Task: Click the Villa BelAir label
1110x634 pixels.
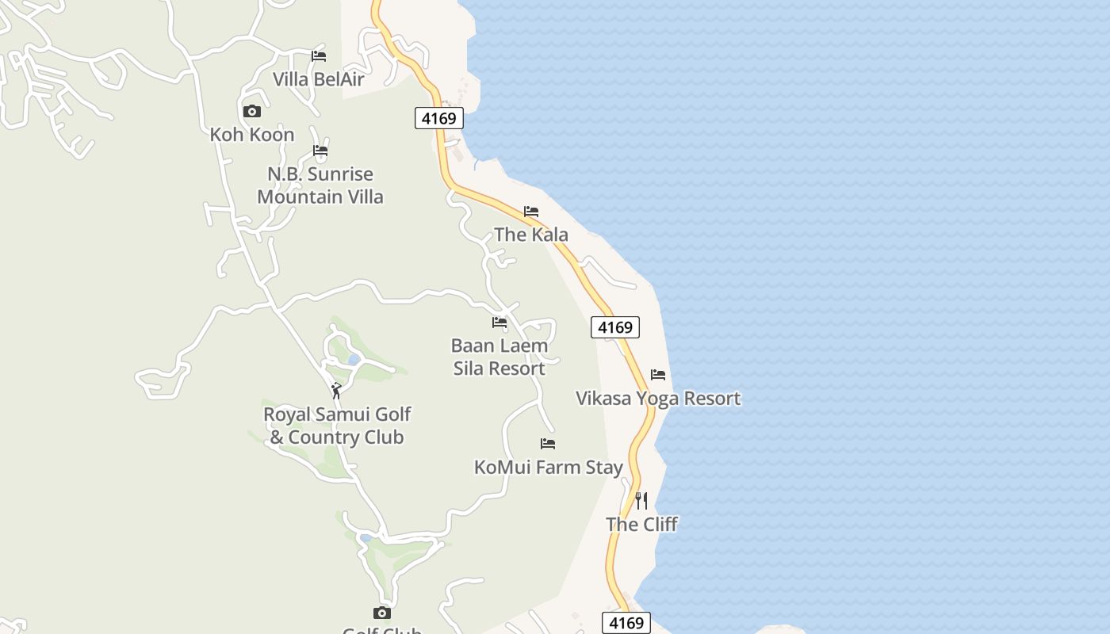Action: click(319, 79)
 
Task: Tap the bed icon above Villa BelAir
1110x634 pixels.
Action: click(319, 55)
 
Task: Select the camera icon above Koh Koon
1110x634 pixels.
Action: click(252, 112)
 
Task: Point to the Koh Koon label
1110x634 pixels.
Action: click(252, 135)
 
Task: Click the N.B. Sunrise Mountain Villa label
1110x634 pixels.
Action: click(320, 185)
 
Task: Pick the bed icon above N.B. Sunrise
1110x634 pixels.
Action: click(320, 151)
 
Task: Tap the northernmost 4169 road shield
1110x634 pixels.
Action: click(438, 119)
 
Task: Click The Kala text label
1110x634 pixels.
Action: click(531, 235)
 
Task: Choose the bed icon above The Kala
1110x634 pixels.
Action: click(531, 212)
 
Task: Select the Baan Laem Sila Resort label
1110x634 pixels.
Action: click(499, 357)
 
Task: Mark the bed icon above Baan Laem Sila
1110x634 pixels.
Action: click(499, 323)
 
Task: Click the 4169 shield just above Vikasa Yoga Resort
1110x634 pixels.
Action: click(615, 327)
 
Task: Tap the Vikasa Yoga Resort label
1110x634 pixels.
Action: click(658, 398)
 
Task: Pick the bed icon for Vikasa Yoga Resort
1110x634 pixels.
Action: click(658, 375)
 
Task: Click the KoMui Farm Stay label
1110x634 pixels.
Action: click(549, 468)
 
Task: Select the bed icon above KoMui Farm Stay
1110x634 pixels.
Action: click(548, 444)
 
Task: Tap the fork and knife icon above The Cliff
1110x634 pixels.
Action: click(641, 501)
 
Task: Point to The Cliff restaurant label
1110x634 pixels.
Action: click(641, 525)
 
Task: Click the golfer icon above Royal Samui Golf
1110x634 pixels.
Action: click(337, 391)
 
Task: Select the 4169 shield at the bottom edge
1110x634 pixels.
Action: click(626, 623)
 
